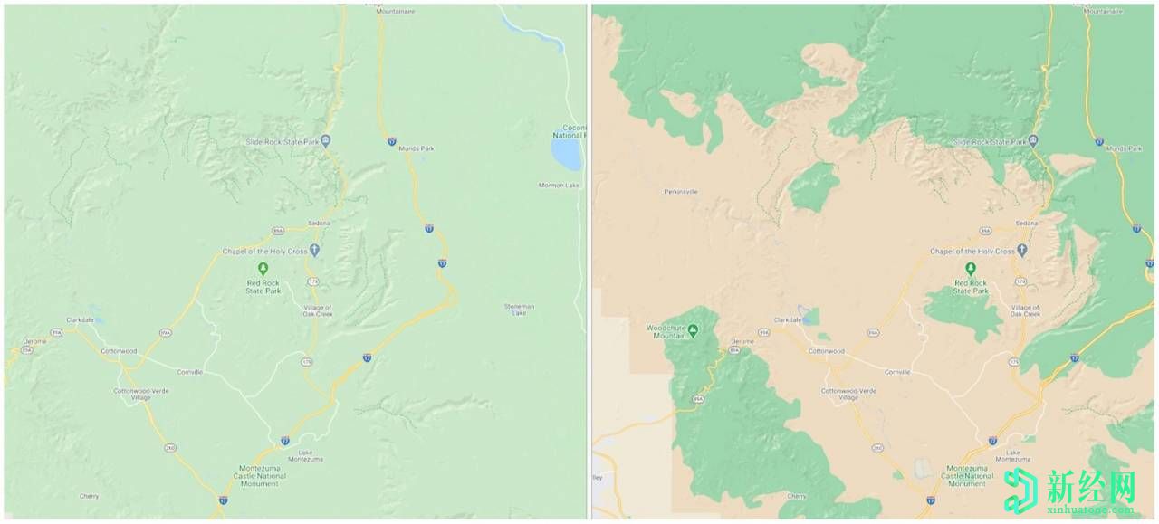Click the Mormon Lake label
tap(559, 186)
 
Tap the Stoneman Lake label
tap(519, 310)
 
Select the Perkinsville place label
tap(681, 192)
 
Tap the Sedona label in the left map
tap(319, 223)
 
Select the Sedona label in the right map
tap(1026, 223)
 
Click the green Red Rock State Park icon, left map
tap(263, 268)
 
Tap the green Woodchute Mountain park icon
tap(694, 329)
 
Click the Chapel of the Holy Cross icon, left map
tap(314, 250)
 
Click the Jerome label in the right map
tap(742, 341)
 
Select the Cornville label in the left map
tap(189, 372)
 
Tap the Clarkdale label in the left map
tap(81, 320)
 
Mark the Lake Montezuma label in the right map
tap(1012, 456)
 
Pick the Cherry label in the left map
tap(89, 496)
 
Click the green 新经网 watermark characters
tap(1091, 489)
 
